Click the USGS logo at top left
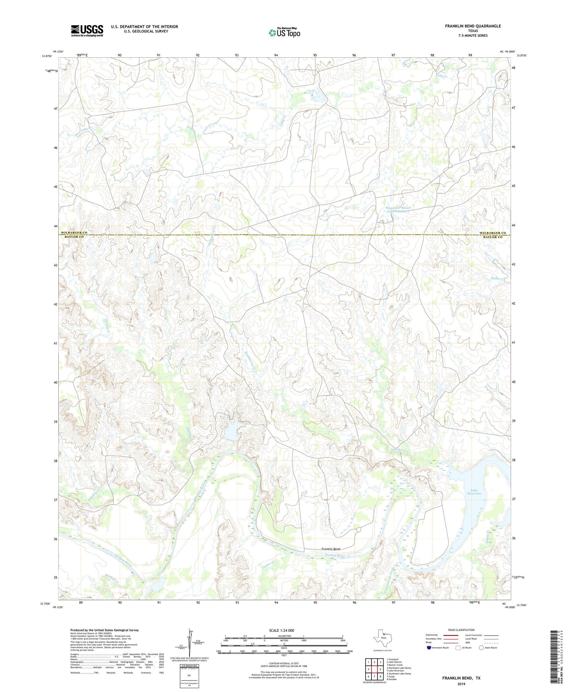click(87, 31)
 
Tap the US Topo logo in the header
click(284, 33)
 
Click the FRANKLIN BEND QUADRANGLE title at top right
click(472, 26)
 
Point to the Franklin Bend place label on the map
click(331, 549)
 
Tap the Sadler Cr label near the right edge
click(498, 279)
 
